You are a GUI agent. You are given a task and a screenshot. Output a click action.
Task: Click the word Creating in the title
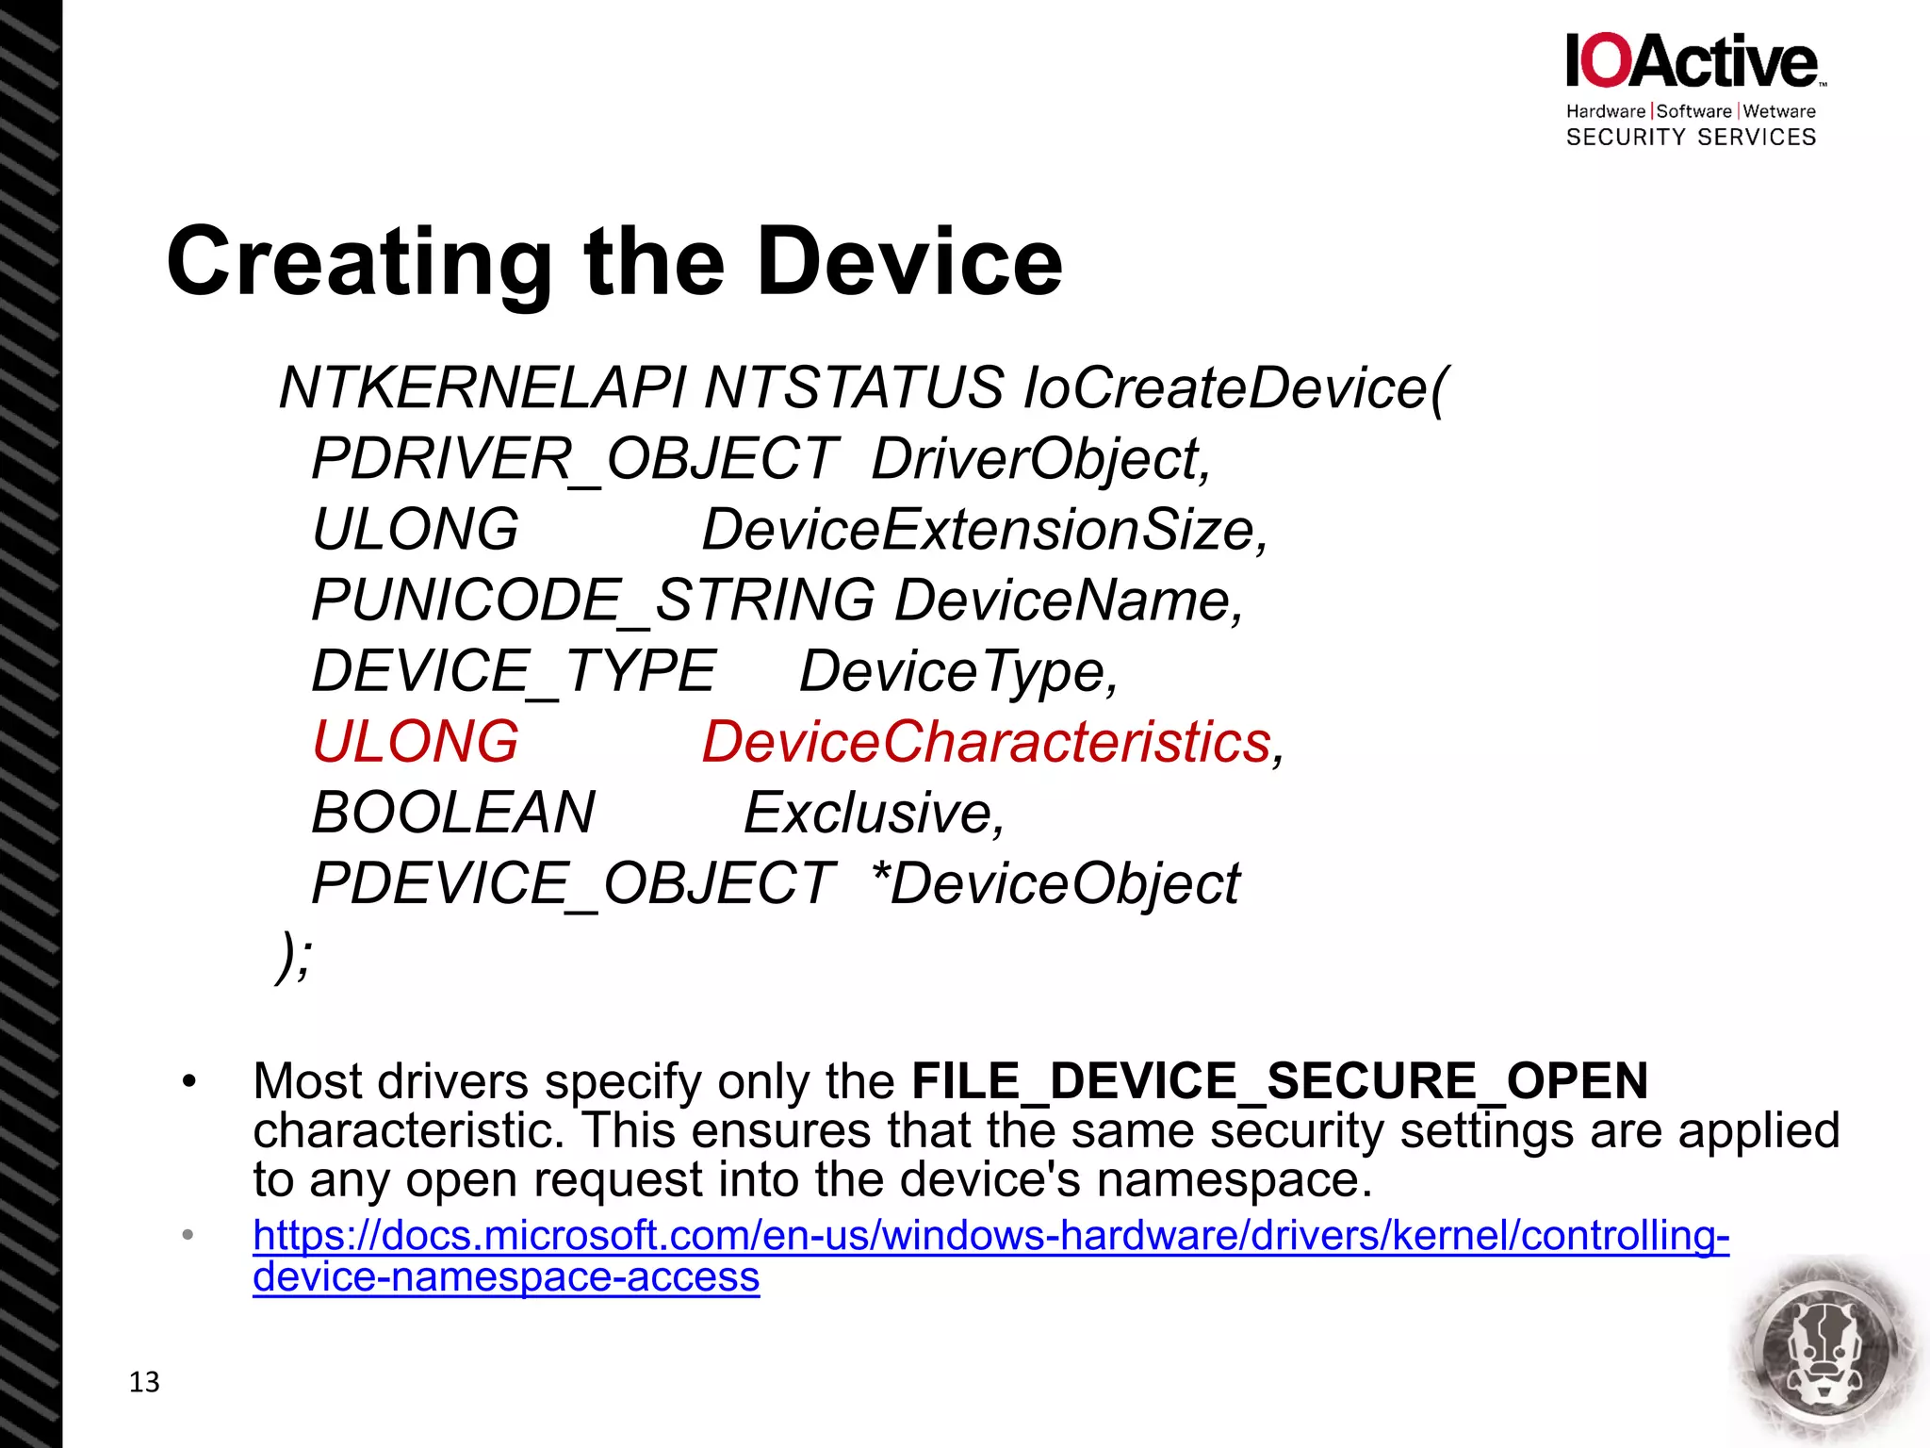click(x=359, y=263)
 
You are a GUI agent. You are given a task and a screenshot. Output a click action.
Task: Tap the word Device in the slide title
click(x=909, y=263)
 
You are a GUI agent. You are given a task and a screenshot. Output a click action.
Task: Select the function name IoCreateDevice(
click(x=1234, y=387)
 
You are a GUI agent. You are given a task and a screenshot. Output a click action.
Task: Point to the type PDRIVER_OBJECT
click(x=574, y=459)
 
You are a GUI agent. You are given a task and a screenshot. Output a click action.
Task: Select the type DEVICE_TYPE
click(x=514, y=671)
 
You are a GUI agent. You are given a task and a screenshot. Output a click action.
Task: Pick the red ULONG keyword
click(x=416, y=742)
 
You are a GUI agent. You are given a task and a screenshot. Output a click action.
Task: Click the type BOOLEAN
click(x=453, y=813)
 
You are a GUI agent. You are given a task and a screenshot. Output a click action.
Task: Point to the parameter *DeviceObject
click(x=1055, y=883)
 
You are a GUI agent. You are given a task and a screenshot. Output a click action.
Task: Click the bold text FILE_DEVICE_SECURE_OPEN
click(x=1280, y=1080)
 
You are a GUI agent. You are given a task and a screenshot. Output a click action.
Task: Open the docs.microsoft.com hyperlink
click(x=990, y=1236)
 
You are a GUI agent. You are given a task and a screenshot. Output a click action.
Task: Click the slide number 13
click(x=144, y=1382)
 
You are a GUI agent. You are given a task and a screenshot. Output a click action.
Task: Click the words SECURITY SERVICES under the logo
click(x=1691, y=138)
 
